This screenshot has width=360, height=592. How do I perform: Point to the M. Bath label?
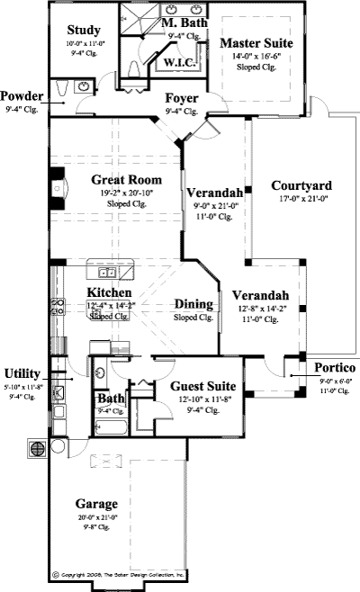[183, 22]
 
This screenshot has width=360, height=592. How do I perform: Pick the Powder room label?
[22, 95]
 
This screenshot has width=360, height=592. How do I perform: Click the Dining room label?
[193, 304]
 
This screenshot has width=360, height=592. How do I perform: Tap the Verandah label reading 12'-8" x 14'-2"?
[260, 307]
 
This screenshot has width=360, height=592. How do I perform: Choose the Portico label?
[335, 369]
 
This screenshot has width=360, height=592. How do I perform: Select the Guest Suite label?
[203, 386]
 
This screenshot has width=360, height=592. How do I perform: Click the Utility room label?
[22, 373]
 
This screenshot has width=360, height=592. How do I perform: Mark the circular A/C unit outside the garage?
[38, 447]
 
